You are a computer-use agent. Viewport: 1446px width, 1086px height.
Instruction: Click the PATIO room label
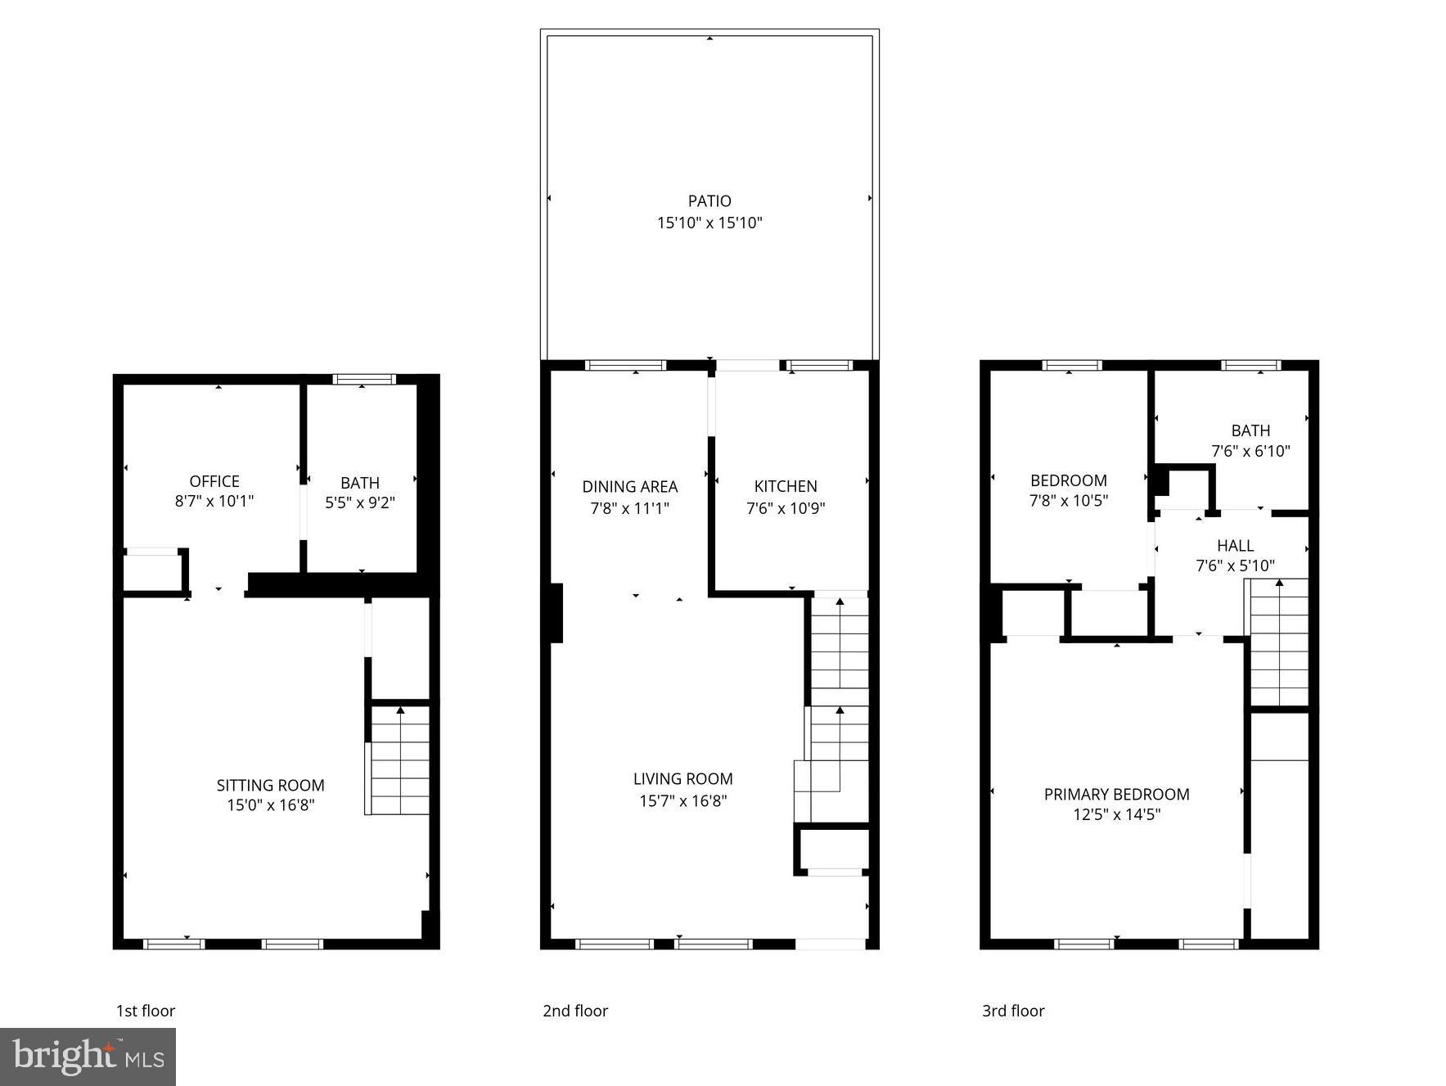coord(709,201)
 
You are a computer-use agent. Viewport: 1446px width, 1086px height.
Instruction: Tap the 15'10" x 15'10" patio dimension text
coord(709,223)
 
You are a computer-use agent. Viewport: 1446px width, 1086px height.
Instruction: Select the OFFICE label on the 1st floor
coord(214,481)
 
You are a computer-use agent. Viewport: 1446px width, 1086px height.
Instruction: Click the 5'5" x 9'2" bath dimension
coord(360,503)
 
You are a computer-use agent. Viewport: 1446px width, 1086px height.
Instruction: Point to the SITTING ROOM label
coord(270,785)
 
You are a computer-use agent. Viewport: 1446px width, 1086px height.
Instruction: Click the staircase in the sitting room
coord(399,761)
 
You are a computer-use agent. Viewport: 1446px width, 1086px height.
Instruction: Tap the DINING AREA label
coord(629,486)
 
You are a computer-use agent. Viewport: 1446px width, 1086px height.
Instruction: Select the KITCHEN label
coord(786,486)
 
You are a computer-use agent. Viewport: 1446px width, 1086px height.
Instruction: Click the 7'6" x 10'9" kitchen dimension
coord(786,508)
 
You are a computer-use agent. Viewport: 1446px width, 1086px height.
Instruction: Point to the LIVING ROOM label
coord(682,778)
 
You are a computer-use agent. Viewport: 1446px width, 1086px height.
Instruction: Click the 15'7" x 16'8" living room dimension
coord(682,800)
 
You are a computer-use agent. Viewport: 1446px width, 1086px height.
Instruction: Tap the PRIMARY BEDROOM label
coord(1116,794)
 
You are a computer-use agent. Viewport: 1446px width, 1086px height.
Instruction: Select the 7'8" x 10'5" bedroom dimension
coord(1068,501)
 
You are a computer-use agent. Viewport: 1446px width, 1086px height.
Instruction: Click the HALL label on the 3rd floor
coord(1235,545)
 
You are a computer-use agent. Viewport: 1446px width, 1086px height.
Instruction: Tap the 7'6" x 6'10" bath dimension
coord(1250,451)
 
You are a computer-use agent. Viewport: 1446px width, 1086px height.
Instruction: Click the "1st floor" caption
coord(146,1011)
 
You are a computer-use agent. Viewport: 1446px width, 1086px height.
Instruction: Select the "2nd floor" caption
coord(575,1011)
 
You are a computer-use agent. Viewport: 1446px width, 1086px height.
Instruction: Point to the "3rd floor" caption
coord(1013,1011)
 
